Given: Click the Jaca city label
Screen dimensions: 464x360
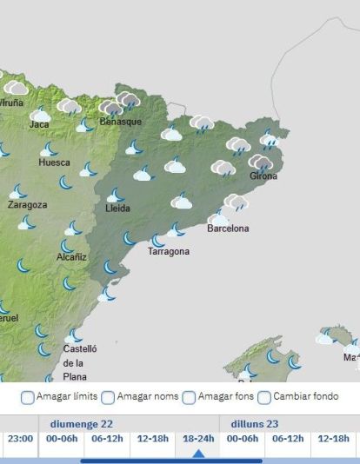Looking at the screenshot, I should pyautogui.click(x=39, y=124).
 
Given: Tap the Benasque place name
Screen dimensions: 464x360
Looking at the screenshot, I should pyautogui.click(x=120, y=122).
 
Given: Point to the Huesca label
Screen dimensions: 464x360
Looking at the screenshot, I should pyautogui.click(x=54, y=162).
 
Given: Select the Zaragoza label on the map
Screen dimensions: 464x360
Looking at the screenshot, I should pyautogui.click(x=27, y=205).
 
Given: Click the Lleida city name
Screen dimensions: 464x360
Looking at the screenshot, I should pyautogui.click(x=117, y=209).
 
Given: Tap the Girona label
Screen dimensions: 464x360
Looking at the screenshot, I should pyautogui.click(x=263, y=176).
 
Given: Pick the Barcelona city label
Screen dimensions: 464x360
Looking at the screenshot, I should pyautogui.click(x=228, y=229).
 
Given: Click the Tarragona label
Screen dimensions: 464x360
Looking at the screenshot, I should pyautogui.click(x=168, y=252).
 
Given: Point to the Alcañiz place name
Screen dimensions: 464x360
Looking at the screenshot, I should pyautogui.click(x=71, y=257).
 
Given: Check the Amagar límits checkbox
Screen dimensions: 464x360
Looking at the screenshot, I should pyautogui.click(x=28, y=398).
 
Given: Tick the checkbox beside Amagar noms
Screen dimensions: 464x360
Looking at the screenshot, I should pyautogui.click(x=108, y=398).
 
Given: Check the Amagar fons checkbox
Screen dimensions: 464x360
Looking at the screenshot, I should pyautogui.click(x=190, y=398).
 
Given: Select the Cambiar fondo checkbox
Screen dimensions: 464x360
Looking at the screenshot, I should pyautogui.click(x=265, y=398).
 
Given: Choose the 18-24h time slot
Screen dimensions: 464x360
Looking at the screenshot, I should pyautogui.click(x=198, y=439).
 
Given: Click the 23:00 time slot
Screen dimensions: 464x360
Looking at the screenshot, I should pyautogui.click(x=20, y=439).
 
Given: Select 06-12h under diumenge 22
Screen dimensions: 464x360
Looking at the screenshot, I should pyautogui.click(x=108, y=439).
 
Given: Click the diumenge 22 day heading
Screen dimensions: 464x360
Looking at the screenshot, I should pyautogui.click(x=82, y=423).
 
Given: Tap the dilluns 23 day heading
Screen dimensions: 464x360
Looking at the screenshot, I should pyautogui.click(x=254, y=423).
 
